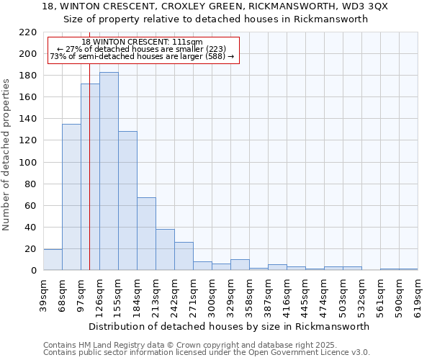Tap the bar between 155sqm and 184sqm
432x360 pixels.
(x=127, y=201)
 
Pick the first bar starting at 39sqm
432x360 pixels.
(x=53, y=260)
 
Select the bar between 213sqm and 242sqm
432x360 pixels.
(x=165, y=250)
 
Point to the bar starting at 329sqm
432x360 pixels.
(x=240, y=265)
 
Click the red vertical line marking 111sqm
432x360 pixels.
(x=89, y=180)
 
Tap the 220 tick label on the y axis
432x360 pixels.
(x=28, y=32)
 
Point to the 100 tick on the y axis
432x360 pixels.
(x=28, y=162)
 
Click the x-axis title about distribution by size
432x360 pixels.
(x=230, y=326)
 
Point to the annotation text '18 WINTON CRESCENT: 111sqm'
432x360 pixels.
(x=142, y=42)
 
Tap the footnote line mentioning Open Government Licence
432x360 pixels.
(x=207, y=352)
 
